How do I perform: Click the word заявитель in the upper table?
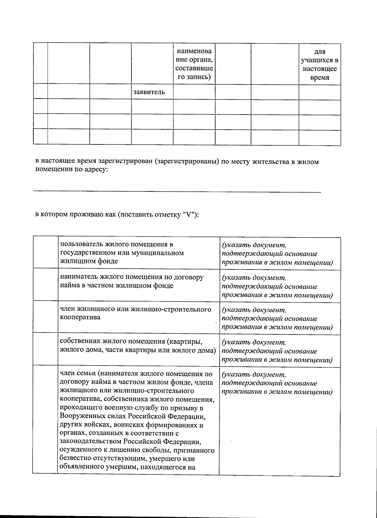(x=149, y=92)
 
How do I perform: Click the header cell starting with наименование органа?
(x=194, y=64)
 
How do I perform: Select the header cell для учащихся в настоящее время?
(x=320, y=65)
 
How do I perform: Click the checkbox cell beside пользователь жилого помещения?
(x=46, y=253)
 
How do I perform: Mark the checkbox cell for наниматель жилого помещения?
(x=46, y=285)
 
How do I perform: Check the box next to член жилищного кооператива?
(x=46, y=317)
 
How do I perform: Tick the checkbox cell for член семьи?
(x=46, y=419)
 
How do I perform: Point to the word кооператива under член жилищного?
(x=80, y=317)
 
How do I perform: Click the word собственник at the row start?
(x=79, y=341)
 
